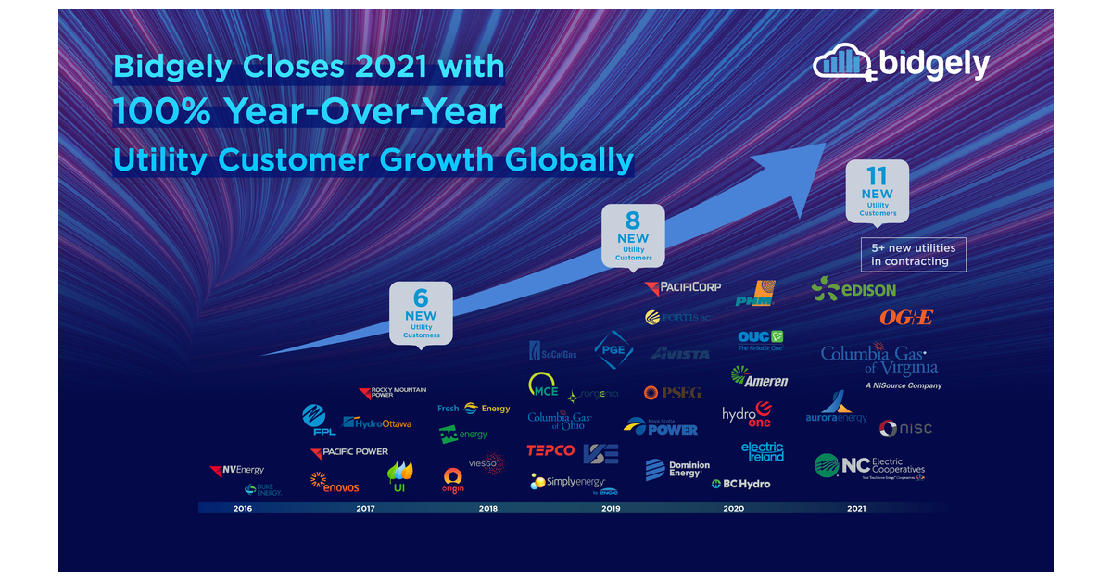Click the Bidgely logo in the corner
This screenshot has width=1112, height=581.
click(x=901, y=63)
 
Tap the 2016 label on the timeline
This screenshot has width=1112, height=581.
click(x=243, y=508)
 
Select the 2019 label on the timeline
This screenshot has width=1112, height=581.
click(x=610, y=508)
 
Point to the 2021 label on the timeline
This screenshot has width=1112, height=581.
click(x=856, y=508)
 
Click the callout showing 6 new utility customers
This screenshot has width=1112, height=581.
click(x=421, y=312)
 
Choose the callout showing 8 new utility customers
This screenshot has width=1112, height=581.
click(x=633, y=235)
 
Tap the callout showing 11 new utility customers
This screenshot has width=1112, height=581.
click(x=877, y=191)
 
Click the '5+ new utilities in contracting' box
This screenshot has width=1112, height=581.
click(x=913, y=255)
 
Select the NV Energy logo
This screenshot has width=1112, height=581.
click(x=237, y=471)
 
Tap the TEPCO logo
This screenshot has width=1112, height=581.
click(x=550, y=451)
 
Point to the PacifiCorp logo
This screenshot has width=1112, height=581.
click(x=683, y=287)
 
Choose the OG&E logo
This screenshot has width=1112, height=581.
click(x=905, y=317)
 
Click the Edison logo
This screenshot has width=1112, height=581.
click(x=853, y=289)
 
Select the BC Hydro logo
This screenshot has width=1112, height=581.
click(x=740, y=484)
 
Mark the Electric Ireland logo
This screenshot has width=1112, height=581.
click(x=762, y=451)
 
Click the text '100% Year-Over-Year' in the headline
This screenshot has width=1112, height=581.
click(x=309, y=112)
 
